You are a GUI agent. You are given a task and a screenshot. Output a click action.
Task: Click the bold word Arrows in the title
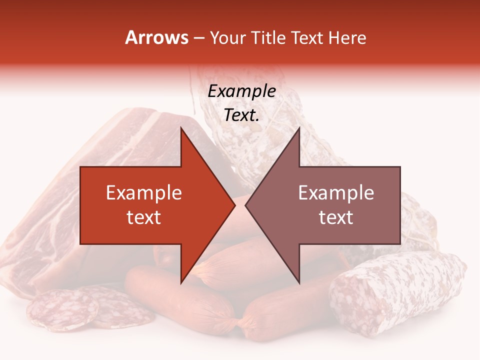pos(156,37)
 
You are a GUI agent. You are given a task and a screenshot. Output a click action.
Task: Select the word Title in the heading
pos(268,37)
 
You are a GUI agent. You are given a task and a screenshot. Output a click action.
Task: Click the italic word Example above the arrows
pos(241,91)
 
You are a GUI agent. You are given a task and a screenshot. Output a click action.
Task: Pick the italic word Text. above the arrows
pos(241,115)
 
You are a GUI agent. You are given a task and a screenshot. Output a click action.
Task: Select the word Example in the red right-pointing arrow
pos(144,193)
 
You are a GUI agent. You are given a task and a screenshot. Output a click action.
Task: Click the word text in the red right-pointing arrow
pos(144,217)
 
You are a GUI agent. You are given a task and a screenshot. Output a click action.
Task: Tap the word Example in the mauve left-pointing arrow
pos(336,193)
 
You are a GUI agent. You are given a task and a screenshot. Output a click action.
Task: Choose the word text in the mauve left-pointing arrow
pos(336,217)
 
